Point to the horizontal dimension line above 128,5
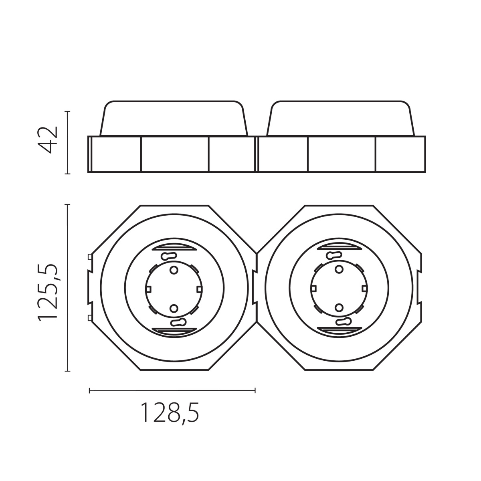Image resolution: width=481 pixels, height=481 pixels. pos(172,390)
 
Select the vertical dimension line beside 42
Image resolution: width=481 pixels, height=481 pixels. pos(67,143)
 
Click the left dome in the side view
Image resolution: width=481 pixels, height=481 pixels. pos(174,118)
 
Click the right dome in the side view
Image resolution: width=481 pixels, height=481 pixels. pos(341,118)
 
